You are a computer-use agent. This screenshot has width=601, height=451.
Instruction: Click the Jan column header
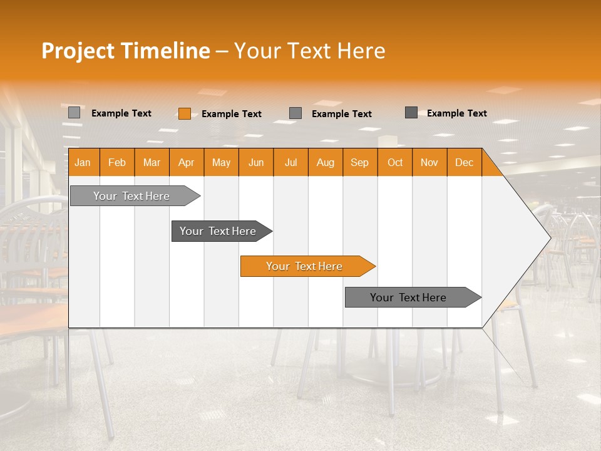(x=83, y=162)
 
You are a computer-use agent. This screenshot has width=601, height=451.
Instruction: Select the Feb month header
(x=117, y=162)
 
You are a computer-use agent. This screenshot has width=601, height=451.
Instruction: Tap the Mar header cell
(x=152, y=162)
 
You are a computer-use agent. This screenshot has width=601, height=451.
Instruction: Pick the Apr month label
(x=187, y=162)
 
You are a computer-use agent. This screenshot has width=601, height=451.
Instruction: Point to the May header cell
(x=221, y=162)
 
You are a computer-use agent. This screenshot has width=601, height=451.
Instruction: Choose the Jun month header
(x=256, y=162)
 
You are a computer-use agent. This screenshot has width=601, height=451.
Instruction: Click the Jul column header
(x=290, y=162)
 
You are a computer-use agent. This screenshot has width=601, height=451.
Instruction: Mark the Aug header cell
(x=326, y=162)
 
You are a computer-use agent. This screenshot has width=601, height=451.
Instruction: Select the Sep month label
(x=360, y=162)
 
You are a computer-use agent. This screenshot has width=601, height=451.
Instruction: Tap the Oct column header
(x=395, y=162)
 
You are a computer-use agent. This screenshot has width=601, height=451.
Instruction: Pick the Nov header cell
(x=429, y=162)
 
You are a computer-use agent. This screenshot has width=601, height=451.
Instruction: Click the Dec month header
(x=464, y=162)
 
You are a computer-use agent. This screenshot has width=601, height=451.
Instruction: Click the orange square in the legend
(x=184, y=113)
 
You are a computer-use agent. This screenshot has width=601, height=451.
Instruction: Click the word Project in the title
(x=78, y=51)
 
